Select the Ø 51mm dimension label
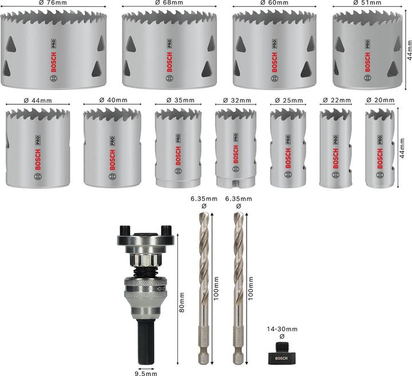(369, 3)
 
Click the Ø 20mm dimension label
(380, 100)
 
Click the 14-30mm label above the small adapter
(282, 330)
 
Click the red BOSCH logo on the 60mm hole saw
(274, 60)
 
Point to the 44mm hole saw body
(38, 148)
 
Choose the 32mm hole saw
(235, 148)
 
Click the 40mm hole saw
(112, 148)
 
